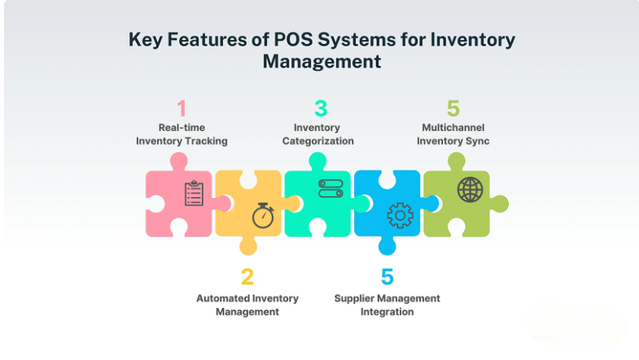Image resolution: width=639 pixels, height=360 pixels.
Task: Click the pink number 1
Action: (182, 108)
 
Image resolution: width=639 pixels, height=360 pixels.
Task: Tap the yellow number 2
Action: (247, 277)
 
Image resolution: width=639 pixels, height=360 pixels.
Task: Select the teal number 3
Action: (321, 108)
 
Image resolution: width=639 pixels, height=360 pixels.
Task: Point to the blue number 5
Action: (387, 277)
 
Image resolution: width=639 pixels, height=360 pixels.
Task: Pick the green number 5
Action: (453, 108)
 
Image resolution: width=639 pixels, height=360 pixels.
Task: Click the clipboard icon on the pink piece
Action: (194, 194)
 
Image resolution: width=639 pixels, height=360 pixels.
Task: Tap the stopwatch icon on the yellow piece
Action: (262, 215)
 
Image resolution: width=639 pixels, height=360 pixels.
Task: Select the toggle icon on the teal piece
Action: (330, 189)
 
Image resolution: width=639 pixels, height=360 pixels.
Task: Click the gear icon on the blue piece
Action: (400, 215)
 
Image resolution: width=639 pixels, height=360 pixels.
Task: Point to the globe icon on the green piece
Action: (469, 190)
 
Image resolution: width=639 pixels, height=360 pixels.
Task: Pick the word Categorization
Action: (318, 141)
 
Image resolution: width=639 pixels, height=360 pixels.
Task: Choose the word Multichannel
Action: (453, 128)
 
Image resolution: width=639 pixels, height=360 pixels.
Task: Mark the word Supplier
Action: (355, 298)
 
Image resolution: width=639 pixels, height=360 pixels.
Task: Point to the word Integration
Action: (387, 311)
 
